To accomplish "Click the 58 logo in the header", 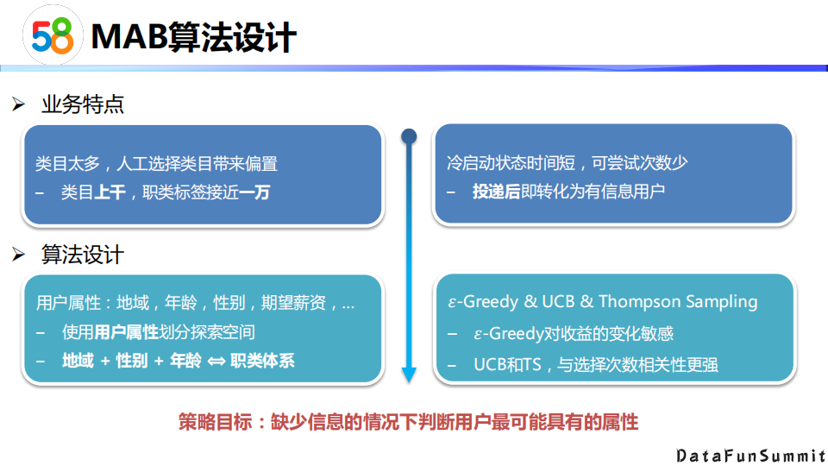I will tap(52, 36).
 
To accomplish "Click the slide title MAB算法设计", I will tap(193, 36).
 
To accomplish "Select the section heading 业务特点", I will tap(83, 105).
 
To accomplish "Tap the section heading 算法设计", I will tap(83, 255).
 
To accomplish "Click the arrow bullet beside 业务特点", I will tap(19, 105).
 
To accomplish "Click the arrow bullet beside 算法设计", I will tap(19, 255).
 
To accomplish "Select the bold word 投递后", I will tap(496, 192).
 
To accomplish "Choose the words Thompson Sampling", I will tap(678, 302).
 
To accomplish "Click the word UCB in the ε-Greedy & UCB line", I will tap(560, 302).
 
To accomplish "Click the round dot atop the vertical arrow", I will tap(409, 135).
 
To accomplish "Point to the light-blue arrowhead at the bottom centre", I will tap(409, 375).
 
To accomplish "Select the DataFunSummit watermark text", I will tap(750, 454).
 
